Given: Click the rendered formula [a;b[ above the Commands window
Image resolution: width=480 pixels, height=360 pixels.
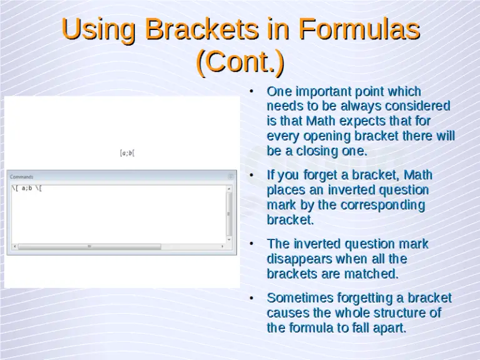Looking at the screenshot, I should [x=127, y=152].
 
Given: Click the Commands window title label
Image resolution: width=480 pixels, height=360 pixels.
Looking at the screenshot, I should [x=22, y=177].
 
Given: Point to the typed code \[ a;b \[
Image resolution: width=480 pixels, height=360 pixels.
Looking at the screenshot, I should [x=27, y=188].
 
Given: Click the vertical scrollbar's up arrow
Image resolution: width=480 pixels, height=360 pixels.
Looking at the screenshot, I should [x=229, y=188].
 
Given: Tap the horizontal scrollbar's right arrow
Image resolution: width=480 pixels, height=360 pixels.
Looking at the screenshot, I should [x=222, y=246].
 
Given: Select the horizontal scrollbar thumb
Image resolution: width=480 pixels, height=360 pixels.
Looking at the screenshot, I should [x=89, y=246].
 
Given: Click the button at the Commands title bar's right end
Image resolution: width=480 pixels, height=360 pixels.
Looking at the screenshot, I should [x=230, y=177].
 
